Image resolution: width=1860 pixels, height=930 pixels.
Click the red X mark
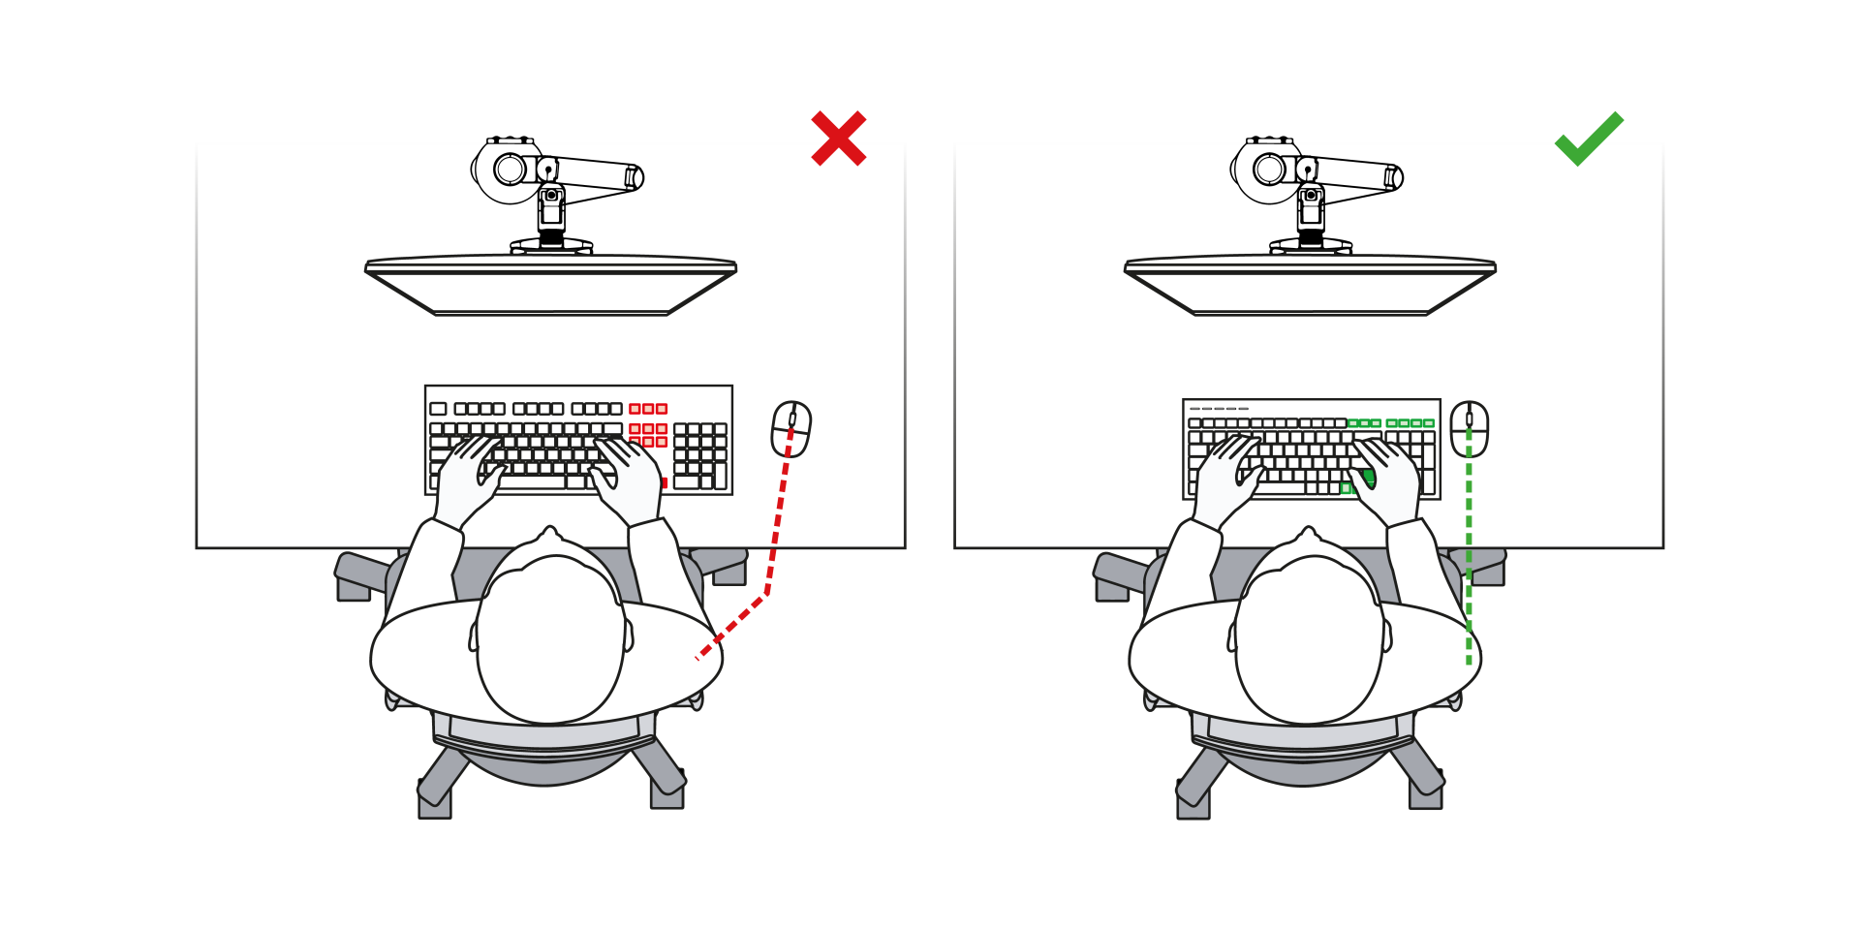coord(839,138)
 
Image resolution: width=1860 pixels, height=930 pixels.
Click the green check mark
coord(1588,140)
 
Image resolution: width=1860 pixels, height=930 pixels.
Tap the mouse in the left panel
coord(790,428)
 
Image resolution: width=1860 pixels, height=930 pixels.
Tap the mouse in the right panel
coord(1469,428)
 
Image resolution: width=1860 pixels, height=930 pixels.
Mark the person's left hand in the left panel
coord(469,475)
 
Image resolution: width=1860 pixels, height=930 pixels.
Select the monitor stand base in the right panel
coord(1311,246)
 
